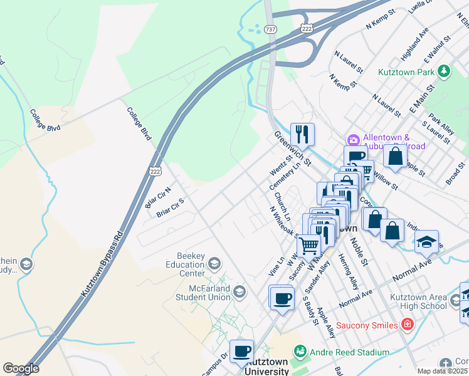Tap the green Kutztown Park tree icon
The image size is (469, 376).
pyautogui.click(x=444, y=71)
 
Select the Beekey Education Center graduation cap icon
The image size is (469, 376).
pyautogui.click(x=214, y=263)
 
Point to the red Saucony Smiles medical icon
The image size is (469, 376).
pyautogui.click(x=407, y=325)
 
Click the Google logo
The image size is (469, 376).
pyautogui.click(x=21, y=368)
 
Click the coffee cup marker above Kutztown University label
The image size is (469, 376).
pyautogui.click(x=241, y=351)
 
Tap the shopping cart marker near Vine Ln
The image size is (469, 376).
pyautogui.click(x=308, y=246)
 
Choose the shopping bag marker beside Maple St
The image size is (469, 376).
pyautogui.click(x=395, y=157)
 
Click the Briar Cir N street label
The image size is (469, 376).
pyautogui.click(x=158, y=197)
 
